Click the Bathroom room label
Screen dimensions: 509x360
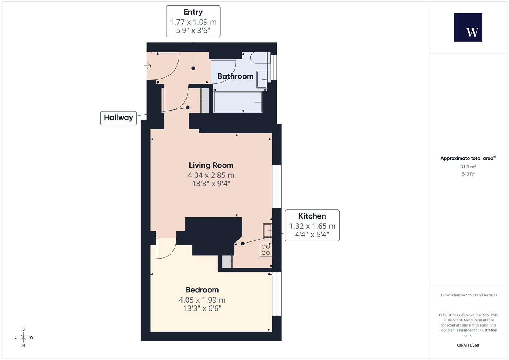tap(235, 76)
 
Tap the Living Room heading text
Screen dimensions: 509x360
tap(211, 165)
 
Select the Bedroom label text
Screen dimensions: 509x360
tap(202, 290)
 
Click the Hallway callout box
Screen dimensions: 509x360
tap(119, 118)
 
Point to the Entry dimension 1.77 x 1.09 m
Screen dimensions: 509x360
tap(193, 22)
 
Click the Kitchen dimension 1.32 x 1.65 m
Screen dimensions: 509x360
tap(312, 226)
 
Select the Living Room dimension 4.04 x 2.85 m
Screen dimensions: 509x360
tap(211, 175)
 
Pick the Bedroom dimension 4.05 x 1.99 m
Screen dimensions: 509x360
tap(202, 300)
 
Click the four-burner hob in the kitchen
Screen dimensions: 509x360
tap(266, 250)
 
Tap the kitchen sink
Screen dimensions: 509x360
tap(268, 231)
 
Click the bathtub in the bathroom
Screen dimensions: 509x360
tap(238, 102)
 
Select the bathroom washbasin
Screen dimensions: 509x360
tap(261, 79)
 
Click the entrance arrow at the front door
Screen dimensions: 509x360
tap(148, 66)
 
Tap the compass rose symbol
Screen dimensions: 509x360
tap(23, 337)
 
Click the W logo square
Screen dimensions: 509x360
tap(468, 28)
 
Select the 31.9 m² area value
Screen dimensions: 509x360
tap(468, 167)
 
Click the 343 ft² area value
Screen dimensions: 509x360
tap(468, 174)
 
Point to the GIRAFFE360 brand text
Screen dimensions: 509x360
tap(468, 345)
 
